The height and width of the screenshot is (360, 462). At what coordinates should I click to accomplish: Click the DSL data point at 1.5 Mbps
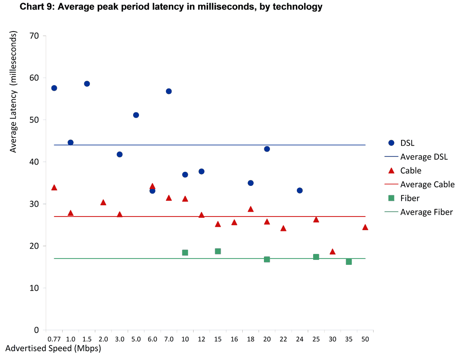pos(87,83)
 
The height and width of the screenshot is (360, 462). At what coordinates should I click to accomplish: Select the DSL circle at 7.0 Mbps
pos(169,91)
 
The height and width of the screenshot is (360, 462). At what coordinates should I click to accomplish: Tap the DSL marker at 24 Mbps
pos(300,190)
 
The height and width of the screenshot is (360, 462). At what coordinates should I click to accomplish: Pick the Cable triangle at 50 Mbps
pos(365,227)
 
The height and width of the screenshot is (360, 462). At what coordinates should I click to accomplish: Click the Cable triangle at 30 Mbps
pos(333,252)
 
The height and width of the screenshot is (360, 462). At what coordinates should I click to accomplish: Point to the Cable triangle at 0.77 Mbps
pos(54,188)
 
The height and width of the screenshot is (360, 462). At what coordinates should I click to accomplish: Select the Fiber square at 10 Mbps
pos(185,253)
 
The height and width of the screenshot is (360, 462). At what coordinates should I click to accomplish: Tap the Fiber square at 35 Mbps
pos(349,262)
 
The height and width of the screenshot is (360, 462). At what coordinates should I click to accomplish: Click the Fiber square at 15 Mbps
pos(218,251)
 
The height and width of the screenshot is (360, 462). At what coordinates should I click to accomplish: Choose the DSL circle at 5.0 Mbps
pos(136,115)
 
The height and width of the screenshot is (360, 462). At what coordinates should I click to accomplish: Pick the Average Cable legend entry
pos(427,185)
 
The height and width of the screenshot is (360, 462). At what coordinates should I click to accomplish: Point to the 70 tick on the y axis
pos(34,36)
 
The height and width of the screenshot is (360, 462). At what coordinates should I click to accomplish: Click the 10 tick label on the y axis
pos(34,288)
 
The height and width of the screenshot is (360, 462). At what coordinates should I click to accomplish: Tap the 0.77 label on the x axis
pos(54,339)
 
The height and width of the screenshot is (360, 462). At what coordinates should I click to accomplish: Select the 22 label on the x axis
pos(283,339)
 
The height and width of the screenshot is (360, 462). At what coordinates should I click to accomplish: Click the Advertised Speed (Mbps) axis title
pos(53,349)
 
